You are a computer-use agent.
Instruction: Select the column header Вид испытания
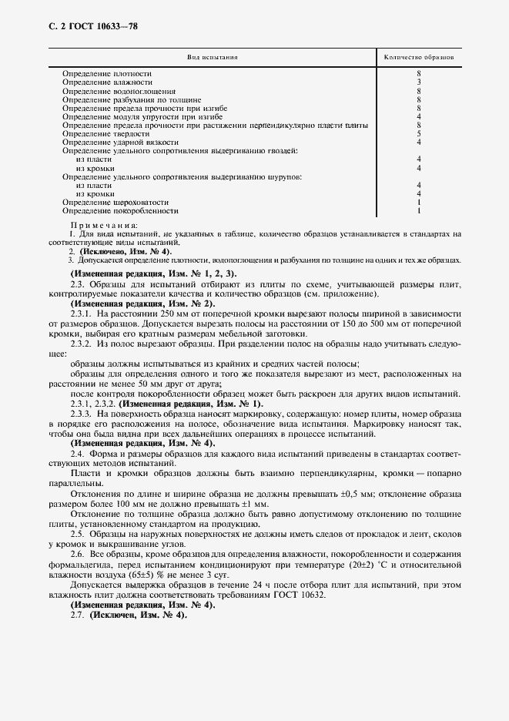click(213, 57)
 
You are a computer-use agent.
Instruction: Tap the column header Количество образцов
click(418, 57)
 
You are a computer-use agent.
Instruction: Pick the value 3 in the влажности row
click(418, 82)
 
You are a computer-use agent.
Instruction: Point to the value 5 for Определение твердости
click(418, 133)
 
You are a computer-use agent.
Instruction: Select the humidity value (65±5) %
click(164, 574)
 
